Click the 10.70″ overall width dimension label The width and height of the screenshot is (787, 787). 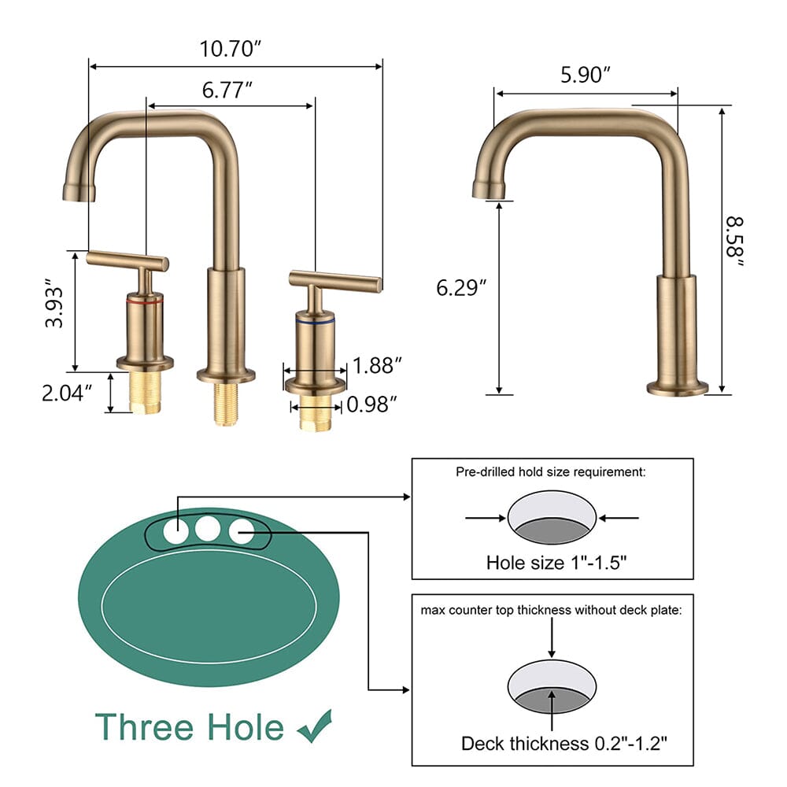coord(230,50)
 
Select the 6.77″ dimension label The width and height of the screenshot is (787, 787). coord(227,91)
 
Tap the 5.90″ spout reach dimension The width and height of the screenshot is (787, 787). coord(586,76)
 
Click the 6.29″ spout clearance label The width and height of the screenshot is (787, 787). coord(462,288)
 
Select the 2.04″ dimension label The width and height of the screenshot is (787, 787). coord(68,391)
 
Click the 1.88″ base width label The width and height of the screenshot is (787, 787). coord(378,365)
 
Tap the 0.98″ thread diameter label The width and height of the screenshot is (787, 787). coord(371,405)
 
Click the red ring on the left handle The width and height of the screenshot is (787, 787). coord(145,301)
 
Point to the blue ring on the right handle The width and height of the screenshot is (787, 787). coord(314,322)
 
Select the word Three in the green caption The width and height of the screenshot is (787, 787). coord(146,726)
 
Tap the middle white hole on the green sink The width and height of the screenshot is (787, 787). coord(208,529)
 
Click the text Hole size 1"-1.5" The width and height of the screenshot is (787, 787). coord(552,563)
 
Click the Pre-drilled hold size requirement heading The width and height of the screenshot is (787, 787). coord(551,472)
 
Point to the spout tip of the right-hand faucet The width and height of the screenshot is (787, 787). coord(487,190)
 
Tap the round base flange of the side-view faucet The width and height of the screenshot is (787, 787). coord(678,387)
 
